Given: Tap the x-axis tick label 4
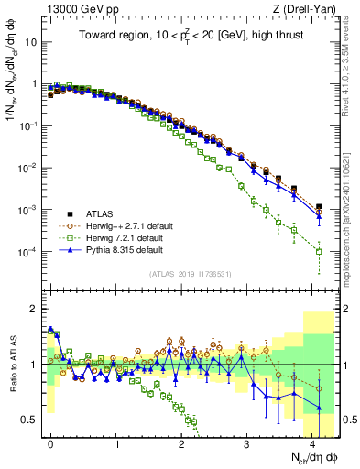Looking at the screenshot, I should point(312,442).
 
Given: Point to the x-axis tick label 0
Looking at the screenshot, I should point(51,442).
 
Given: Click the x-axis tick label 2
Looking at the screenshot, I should point(181,442).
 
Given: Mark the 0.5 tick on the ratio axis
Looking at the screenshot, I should point(33,420).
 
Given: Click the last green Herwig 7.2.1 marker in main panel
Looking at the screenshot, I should point(319,251).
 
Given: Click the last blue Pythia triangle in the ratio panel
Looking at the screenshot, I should point(319,408).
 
